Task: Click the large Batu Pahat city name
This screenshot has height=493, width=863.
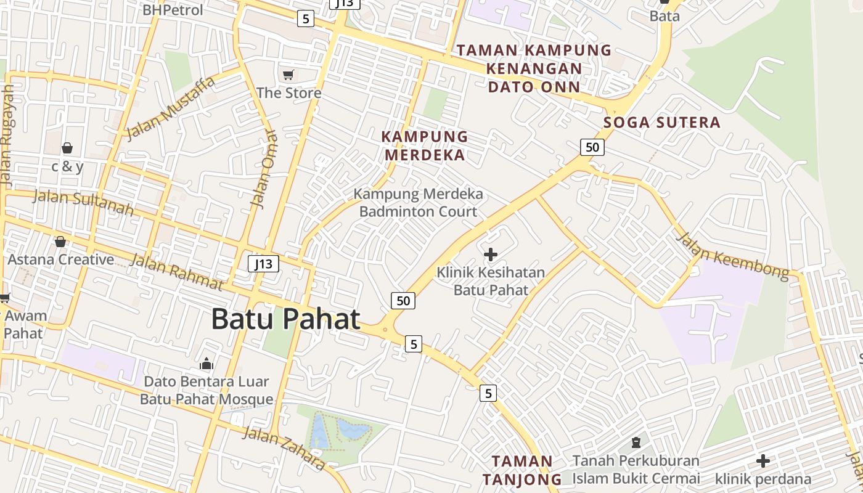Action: coord(285,319)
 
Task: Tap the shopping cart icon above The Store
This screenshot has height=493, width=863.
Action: coord(288,75)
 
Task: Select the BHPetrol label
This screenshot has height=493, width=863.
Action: coord(173,10)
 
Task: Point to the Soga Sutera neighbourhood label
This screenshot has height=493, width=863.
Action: coord(662,122)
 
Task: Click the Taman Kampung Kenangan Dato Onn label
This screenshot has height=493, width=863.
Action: coord(534,68)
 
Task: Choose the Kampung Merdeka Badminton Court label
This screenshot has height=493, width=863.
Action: coord(418,203)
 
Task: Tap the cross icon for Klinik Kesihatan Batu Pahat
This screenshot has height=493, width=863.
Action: coord(491,254)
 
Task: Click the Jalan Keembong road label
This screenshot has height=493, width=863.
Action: coord(732,256)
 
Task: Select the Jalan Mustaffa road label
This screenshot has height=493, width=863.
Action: coord(171,108)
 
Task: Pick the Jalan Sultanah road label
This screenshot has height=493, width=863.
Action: coord(83,203)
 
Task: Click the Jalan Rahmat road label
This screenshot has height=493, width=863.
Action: coord(177,272)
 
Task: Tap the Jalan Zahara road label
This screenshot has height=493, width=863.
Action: coord(283,447)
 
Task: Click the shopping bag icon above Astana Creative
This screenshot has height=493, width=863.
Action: coord(60,242)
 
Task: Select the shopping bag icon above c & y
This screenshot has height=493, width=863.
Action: coord(67,148)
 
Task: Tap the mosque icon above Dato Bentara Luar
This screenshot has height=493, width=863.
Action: coord(207,364)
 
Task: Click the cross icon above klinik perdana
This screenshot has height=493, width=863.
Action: coord(763,460)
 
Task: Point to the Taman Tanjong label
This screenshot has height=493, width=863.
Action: coord(522,470)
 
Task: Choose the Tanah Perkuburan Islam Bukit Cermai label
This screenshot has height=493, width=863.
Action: coord(636,469)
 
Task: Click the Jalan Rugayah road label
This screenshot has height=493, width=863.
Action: coord(7,136)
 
